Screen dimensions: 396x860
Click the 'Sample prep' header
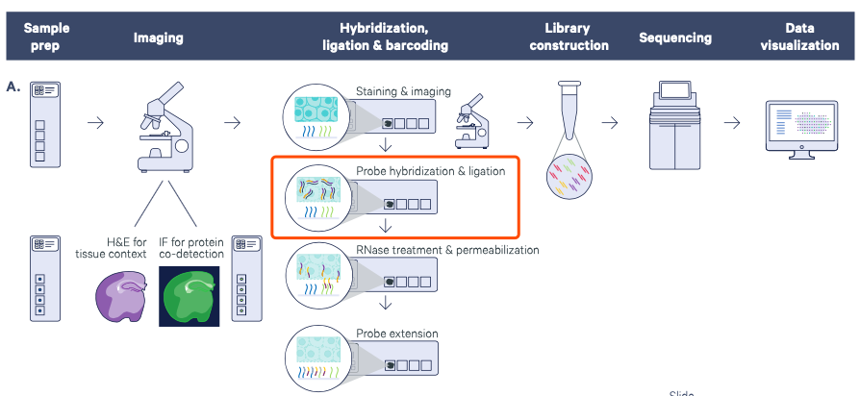[x=47, y=37]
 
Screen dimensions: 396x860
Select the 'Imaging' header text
[x=158, y=38]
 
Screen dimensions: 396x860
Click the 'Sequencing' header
[x=675, y=38]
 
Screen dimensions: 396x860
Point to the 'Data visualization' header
[x=798, y=37]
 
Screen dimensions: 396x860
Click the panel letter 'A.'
[x=13, y=87]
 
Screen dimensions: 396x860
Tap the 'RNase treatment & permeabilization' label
[x=447, y=250]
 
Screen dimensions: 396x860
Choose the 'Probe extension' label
[x=397, y=334]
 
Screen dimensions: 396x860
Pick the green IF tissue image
[x=190, y=293]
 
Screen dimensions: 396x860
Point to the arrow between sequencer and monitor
[x=733, y=122]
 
